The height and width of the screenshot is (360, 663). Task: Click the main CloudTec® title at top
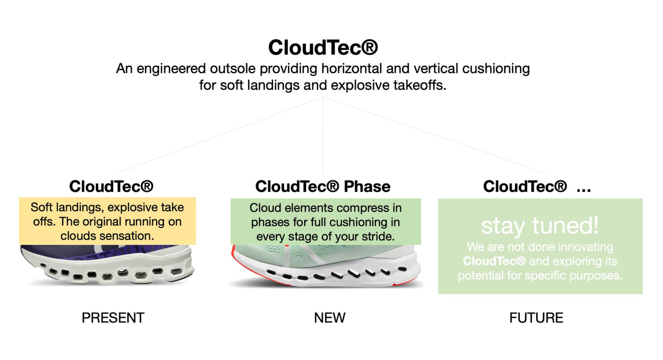click(322, 48)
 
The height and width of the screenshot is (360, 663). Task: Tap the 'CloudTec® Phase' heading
click(322, 187)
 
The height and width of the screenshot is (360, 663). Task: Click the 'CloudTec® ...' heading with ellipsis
click(536, 187)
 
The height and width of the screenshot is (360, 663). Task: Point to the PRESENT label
click(113, 318)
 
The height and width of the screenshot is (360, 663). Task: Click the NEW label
click(329, 318)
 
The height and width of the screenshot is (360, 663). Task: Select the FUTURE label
click(536, 318)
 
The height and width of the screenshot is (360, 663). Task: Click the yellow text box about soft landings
click(107, 221)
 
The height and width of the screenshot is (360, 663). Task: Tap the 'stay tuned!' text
click(540, 225)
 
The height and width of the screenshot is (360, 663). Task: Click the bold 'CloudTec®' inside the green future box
click(494, 261)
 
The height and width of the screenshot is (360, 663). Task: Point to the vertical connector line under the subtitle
click(323, 136)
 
